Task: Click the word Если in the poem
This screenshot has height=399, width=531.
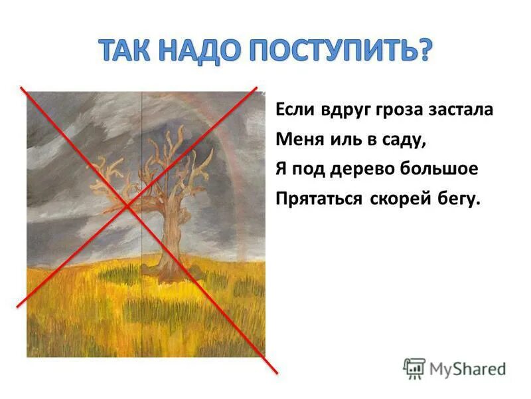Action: [x=293, y=110]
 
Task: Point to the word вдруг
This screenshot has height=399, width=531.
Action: [x=341, y=110]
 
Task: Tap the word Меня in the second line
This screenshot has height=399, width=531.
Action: [x=296, y=140]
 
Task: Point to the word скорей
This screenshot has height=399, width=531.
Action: [x=392, y=199]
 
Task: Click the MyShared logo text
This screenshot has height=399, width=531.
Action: [x=467, y=368]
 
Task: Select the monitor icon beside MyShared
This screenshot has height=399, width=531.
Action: [x=414, y=368]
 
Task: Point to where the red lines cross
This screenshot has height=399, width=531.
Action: [x=127, y=205]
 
